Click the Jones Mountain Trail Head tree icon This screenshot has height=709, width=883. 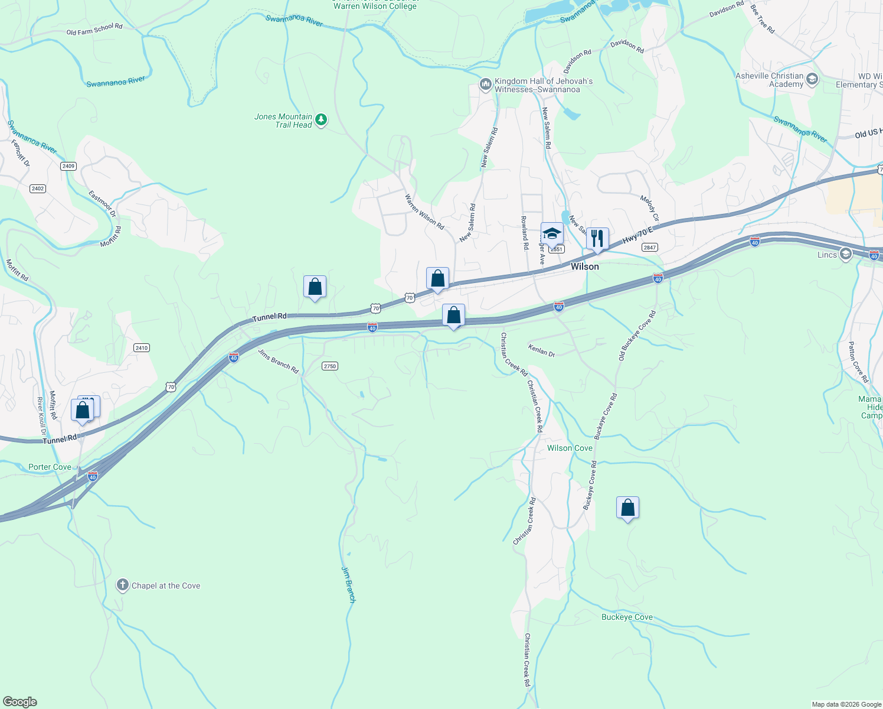click(x=321, y=120)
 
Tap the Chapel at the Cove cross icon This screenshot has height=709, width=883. click(x=123, y=586)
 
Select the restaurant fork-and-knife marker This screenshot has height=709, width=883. click(x=597, y=239)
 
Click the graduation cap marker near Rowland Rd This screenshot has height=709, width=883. click(x=552, y=233)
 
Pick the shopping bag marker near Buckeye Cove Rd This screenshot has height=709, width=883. click(x=627, y=508)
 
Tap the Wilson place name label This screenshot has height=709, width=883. click(x=584, y=266)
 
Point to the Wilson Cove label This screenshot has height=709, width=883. click(x=570, y=448)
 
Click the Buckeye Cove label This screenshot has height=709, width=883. click(x=627, y=617)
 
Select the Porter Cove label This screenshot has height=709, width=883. click(x=50, y=467)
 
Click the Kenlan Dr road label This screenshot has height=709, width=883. click(x=542, y=350)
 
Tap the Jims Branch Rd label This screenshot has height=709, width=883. click(x=279, y=361)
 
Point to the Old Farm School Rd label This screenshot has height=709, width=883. click(x=94, y=30)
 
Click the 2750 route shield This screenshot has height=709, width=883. click(x=329, y=366)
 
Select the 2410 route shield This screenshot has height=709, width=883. click(x=142, y=348)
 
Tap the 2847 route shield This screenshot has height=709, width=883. click(x=649, y=248)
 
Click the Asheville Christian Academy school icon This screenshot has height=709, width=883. click(x=812, y=79)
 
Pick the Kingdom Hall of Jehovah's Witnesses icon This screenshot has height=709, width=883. click(x=486, y=85)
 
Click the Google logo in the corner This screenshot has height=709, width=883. click(x=20, y=702)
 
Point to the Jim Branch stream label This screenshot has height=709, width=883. click(x=349, y=584)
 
